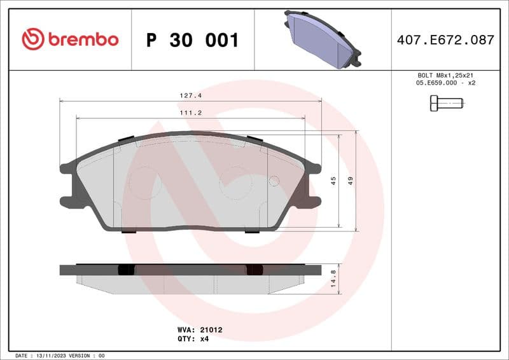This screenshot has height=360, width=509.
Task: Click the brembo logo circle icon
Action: tap(33, 39)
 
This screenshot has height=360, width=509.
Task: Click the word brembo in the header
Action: tap(83, 39)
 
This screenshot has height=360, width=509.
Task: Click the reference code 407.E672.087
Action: tap(445, 39)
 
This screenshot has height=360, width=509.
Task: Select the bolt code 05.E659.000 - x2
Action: tap(446, 83)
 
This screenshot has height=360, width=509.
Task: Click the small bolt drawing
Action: tap(446, 102)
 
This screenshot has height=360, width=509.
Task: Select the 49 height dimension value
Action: tap(350, 181)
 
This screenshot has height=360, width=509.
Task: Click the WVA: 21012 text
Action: tap(199, 330)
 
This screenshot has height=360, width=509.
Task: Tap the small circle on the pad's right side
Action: tap(274, 181)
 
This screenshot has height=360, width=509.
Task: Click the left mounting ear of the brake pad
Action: tap(69, 184)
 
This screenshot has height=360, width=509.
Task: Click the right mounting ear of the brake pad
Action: tap(312, 184)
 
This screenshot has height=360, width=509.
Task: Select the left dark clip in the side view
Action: tap(127, 270)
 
